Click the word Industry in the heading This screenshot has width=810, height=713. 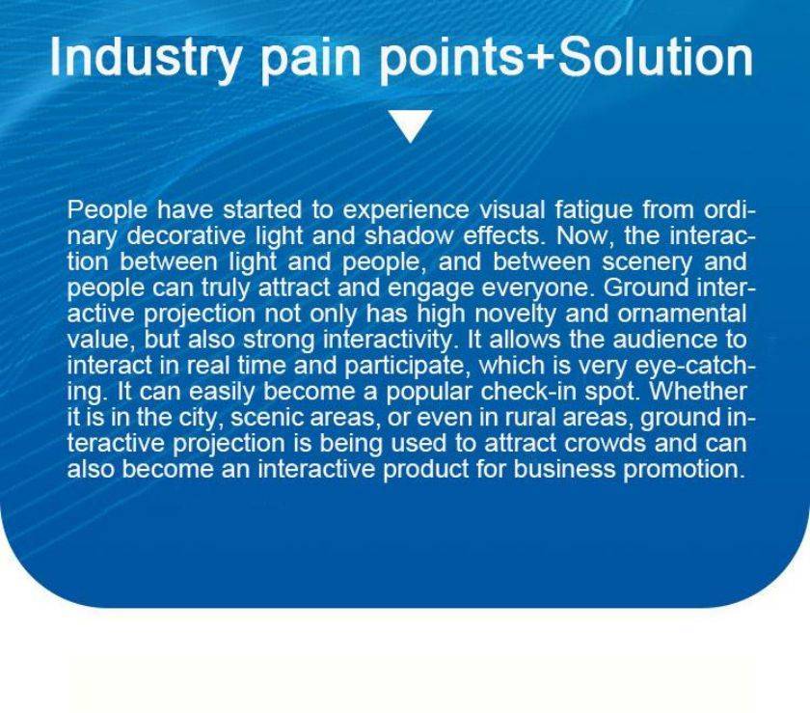(x=146, y=57)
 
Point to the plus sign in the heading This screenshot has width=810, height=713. (x=540, y=58)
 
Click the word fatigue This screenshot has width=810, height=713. (x=594, y=210)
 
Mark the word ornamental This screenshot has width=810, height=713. (x=682, y=314)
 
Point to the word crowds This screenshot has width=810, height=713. (x=605, y=444)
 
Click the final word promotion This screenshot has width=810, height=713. (x=685, y=470)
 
